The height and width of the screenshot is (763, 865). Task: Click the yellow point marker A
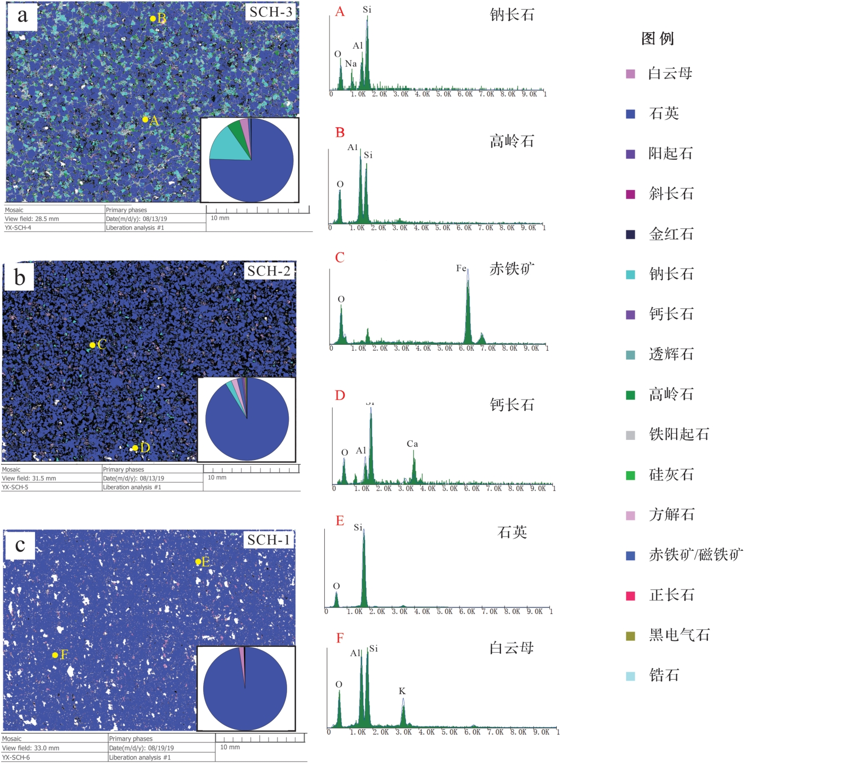coord(145,120)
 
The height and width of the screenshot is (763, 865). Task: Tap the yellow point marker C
coord(92,345)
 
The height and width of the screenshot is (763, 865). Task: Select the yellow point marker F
coord(55,655)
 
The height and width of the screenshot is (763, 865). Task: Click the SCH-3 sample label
coord(271,12)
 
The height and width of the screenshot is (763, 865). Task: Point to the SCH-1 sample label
coord(269,540)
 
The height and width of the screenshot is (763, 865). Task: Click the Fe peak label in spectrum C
coord(461,268)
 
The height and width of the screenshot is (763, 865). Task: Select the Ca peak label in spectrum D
coord(412,444)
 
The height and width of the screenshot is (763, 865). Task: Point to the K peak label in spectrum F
coord(402,691)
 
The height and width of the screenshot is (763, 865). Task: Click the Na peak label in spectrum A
coord(351,64)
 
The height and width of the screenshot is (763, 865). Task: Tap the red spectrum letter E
coord(340,521)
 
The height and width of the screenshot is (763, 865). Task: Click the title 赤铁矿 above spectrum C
coord(512,269)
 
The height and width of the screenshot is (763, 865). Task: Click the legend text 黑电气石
coord(679,635)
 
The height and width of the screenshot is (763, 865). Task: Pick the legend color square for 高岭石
coord(630,395)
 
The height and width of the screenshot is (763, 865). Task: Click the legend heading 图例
coord(657,39)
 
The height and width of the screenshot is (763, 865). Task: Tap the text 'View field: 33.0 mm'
coord(31,748)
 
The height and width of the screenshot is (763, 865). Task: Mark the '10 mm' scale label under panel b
coord(217,478)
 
